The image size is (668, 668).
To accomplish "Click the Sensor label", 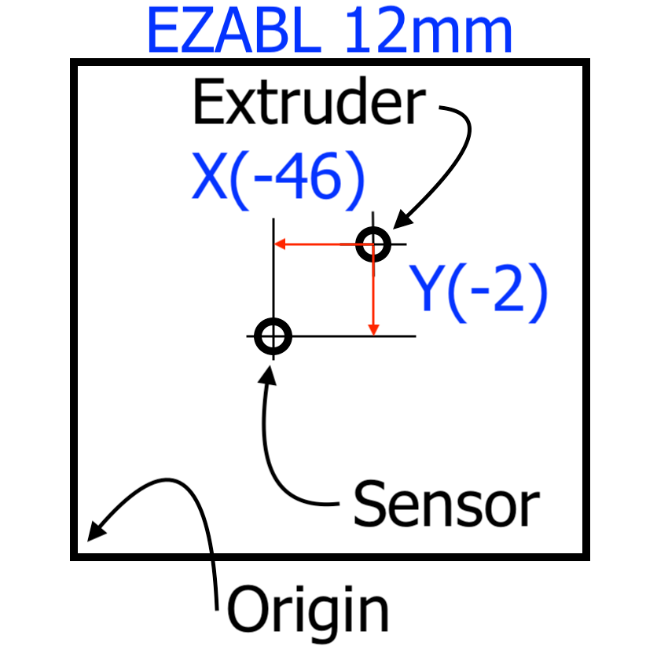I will (446, 503).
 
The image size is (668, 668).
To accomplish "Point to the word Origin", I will (308, 610).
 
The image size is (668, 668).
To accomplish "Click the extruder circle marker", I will (373, 244).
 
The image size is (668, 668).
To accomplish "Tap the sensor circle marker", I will (273, 336).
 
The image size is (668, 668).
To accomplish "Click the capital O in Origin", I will (245, 610).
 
